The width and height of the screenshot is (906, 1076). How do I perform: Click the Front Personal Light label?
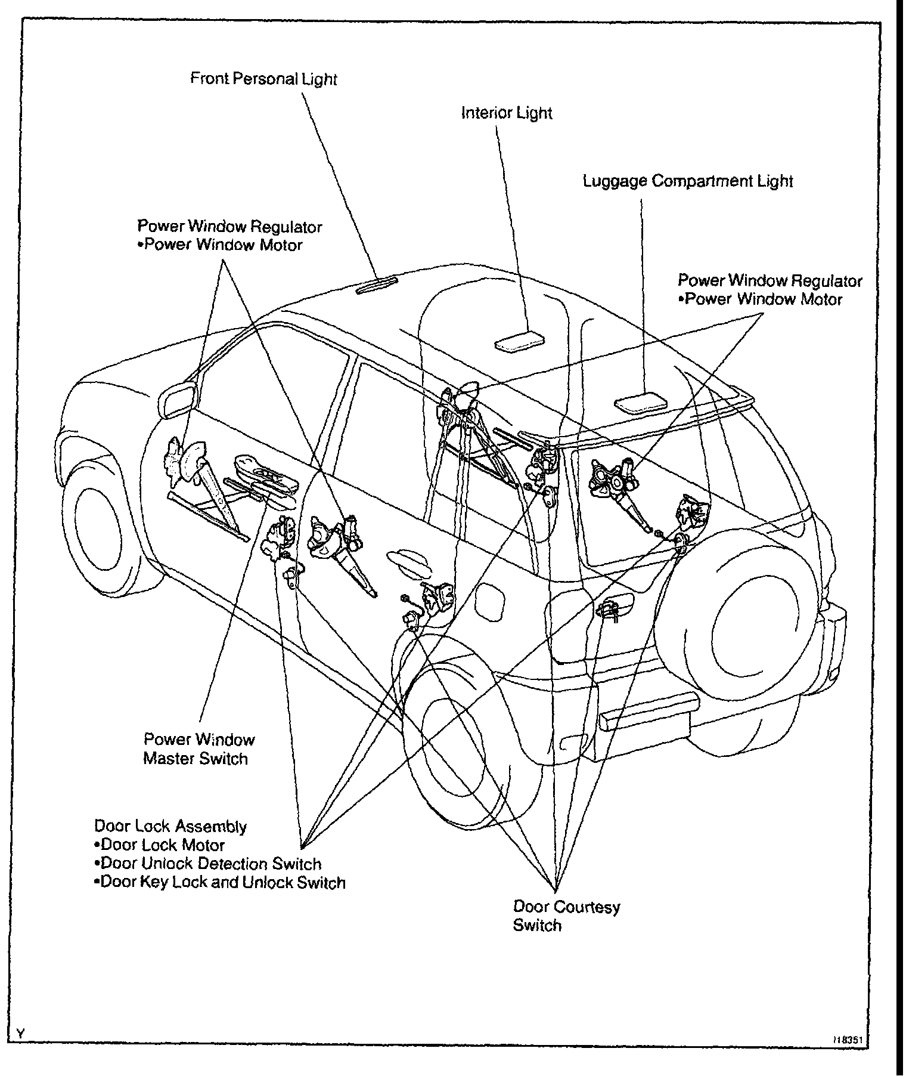pyautogui.click(x=263, y=79)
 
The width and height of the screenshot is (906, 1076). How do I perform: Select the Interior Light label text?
pyautogui.click(x=507, y=113)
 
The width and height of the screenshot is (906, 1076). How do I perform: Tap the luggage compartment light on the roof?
pyautogui.click(x=641, y=401)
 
